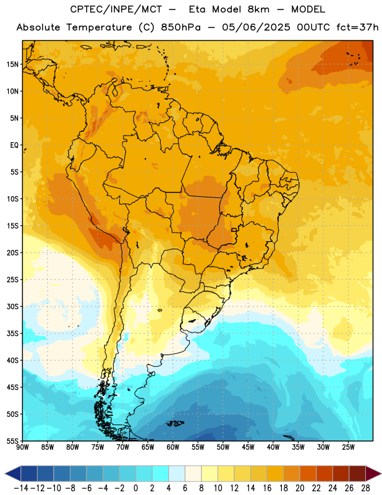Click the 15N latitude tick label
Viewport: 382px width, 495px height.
(12, 64)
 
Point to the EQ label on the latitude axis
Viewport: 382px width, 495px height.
(14, 145)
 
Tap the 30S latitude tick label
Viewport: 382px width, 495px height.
(12, 306)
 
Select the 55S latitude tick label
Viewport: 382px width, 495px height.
(12, 441)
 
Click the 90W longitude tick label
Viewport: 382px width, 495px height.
(22, 447)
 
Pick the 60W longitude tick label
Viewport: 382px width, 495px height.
(172, 447)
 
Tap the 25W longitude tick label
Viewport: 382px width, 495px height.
(348, 447)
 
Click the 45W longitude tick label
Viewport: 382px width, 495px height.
(248, 447)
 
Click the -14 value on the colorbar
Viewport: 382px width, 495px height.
(22, 488)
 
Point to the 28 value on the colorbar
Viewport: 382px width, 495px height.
(365, 488)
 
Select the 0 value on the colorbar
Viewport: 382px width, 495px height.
(135, 488)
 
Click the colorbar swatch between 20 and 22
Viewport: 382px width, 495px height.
(308, 474)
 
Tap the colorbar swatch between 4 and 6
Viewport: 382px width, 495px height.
(177, 474)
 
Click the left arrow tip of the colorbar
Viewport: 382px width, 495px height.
(5, 474)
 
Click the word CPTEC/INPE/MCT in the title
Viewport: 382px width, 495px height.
(116, 9)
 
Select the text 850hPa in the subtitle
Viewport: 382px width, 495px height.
(180, 27)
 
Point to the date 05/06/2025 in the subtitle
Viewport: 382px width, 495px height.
(256, 27)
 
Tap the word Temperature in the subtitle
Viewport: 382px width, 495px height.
(99, 28)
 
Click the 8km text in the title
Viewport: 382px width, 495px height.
(258, 9)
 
